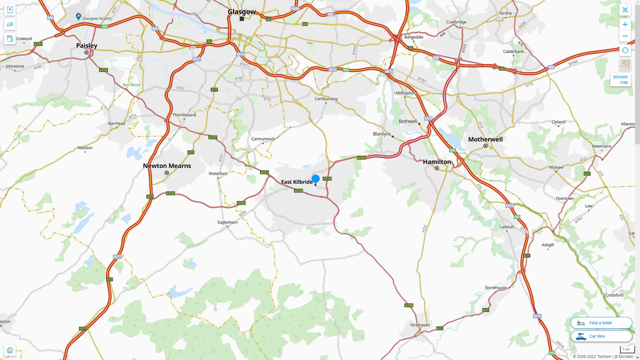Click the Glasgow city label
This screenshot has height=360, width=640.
click(x=242, y=12)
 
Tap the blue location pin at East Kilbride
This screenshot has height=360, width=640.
click(x=315, y=179)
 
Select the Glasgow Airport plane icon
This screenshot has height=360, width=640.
click(x=78, y=16)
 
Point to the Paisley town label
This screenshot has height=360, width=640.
click(x=87, y=46)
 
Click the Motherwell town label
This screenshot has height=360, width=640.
click(x=485, y=139)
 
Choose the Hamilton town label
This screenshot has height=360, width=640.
click(x=437, y=162)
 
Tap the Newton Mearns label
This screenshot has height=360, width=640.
click(x=167, y=166)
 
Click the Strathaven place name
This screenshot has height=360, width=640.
click(x=420, y=325)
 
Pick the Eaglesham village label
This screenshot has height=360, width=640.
click(x=227, y=222)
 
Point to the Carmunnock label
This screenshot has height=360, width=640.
click(x=263, y=139)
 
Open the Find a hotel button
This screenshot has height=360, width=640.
click(x=601, y=323)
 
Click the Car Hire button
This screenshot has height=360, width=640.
click(x=601, y=336)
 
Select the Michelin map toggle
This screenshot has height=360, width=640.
click(x=621, y=80)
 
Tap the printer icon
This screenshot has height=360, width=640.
click(x=10, y=350)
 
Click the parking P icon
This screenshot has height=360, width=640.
click(x=10, y=10)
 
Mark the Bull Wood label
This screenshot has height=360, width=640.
click(x=131, y=85)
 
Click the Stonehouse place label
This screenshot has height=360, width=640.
click(x=495, y=288)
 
